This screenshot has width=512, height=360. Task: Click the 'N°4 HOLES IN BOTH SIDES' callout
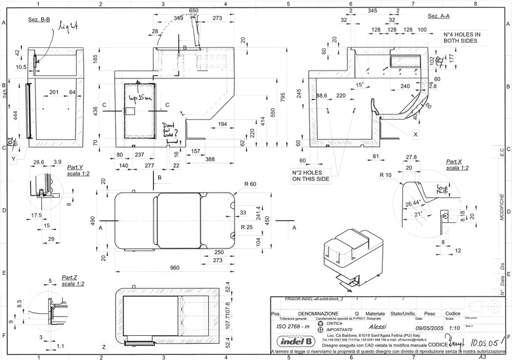462,37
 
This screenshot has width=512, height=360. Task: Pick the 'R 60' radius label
250,185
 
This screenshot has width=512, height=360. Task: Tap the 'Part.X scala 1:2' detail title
457,165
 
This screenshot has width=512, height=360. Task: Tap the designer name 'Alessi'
378,326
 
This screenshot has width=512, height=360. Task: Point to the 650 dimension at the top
194,11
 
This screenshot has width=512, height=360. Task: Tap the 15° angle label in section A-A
360,85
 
